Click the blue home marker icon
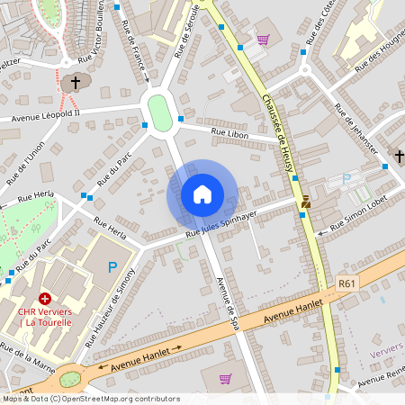[x=202, y=194]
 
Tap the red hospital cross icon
[x=44, y=298]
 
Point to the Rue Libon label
[x=229, y=133]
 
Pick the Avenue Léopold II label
[x=46, y=115]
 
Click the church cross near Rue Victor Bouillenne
[x=76, y=83]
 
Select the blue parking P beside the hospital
[x=112, y=266]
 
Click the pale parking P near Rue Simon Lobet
[x=346, y=179]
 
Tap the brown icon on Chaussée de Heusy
[x=306, y=202]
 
